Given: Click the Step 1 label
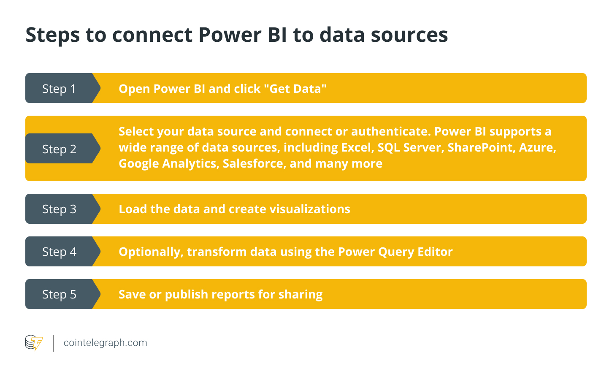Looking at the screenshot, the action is click(59, 89).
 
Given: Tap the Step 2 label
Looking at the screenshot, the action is click(59, 149).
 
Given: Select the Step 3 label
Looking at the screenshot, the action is click(59, 209).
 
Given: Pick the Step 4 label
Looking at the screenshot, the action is click(59, 252).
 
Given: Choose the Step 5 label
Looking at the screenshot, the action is click(59, 294).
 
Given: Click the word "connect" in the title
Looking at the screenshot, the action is click(152, 35).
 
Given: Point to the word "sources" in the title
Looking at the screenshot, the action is click(409, 35).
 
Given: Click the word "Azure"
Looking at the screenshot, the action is click(537, 147).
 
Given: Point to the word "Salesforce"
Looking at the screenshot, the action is click(255, 164).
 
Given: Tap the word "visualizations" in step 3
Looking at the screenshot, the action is click(310, 209).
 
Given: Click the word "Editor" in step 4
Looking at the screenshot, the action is click(435, 252).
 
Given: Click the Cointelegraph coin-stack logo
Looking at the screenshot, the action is click(34, 342).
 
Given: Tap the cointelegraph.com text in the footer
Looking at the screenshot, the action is click(106, 343).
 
